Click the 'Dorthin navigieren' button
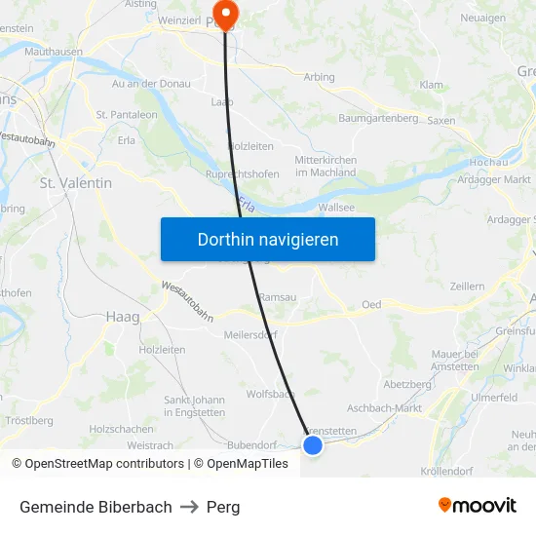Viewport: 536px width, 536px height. (268, 239)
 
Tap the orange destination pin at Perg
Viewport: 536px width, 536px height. (226, 14)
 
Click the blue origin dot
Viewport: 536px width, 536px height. (313, 445)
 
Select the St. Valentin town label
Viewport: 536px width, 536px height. (75, 183)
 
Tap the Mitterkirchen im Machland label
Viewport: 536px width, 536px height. (325, 166)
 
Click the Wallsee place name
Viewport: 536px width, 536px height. (336, 208)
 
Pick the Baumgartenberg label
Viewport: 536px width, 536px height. (378, 118)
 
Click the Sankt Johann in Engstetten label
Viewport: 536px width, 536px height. (194, 406)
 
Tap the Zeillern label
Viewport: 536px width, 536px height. (468, 287)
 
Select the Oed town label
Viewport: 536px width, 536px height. (371, 305)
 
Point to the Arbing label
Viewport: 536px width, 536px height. (319, 77)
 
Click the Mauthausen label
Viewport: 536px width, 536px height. (53, 51)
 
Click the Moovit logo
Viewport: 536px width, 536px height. (478, 506)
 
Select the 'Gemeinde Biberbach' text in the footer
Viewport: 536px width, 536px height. (96, 507)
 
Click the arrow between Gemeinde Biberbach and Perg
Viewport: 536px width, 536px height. (189, 507)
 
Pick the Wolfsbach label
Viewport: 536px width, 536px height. (270, 395)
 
